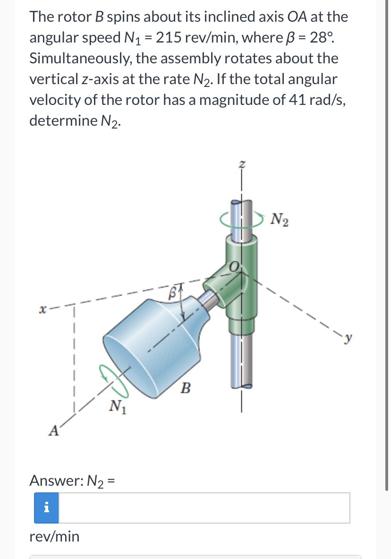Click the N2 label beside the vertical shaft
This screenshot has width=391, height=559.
(x=280, y=220)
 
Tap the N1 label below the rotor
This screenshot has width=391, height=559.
(x=117, y=405)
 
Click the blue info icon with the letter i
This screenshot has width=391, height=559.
(x=46, y=508)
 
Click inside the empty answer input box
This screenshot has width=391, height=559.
(x=204, y=508)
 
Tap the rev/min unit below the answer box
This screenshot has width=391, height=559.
(x=54, y=536)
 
